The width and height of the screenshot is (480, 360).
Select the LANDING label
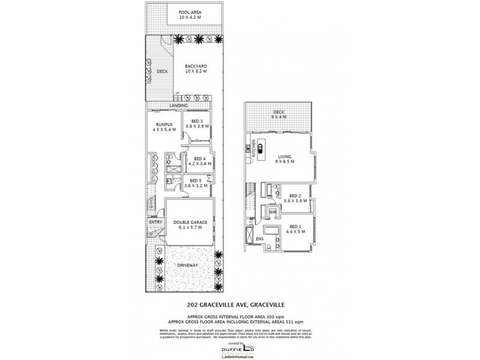(x=178, y=106)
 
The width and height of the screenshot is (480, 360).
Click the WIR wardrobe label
(x=272, y=212)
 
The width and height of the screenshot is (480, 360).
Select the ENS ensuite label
(x=259, y=239)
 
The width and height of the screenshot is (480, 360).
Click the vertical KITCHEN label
(x=254, y=148)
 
